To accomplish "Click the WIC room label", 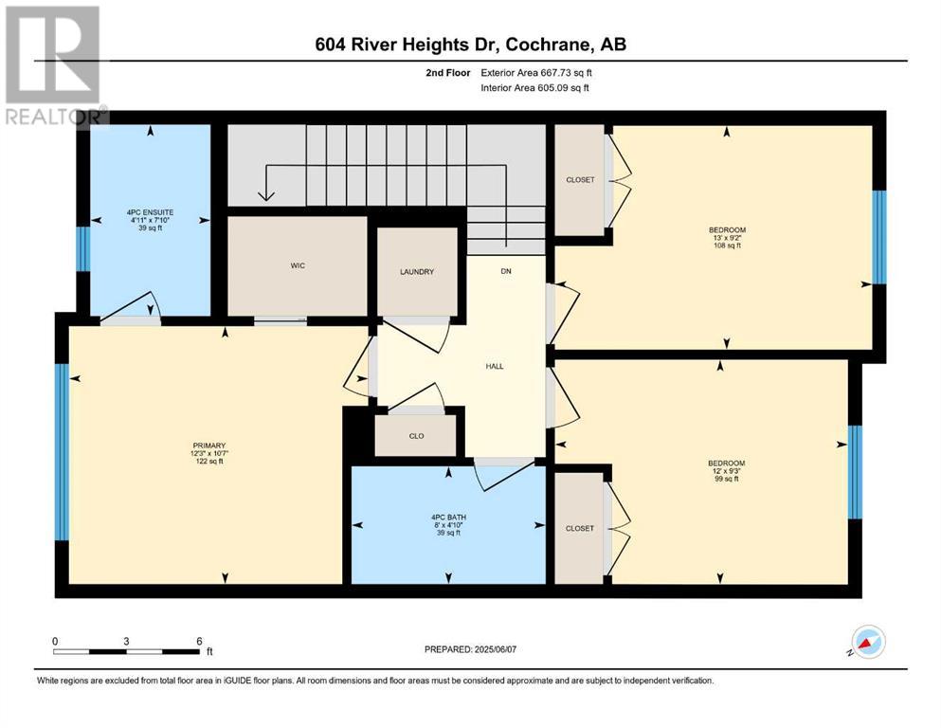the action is [x=298, y=265].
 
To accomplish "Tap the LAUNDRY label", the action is [x=417, y=272].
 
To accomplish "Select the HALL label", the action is [x=495, y=366].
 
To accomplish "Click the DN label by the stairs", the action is [x=506, y=271].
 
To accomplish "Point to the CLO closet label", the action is [x=417, y=436].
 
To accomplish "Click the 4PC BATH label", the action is [x=448, y=518].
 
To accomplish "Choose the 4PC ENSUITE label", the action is [x=150, y=212].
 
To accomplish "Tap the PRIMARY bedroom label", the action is [x=208, y=446].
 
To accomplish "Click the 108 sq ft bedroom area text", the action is [x=727, y=246].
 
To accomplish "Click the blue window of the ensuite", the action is [x=83, y=248].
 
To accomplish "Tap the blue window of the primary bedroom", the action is [x=62, y=452].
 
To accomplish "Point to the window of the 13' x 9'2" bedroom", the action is [x=878, y=237].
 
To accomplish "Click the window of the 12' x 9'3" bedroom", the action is [x=855, y=472].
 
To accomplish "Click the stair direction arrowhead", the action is [x=266, y=195].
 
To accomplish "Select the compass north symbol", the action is [x=866, y=642].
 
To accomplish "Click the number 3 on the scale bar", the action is [x=126, y=641].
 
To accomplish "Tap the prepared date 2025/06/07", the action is [x=495, y=649].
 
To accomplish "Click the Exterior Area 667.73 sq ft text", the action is [x=536, y=73].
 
